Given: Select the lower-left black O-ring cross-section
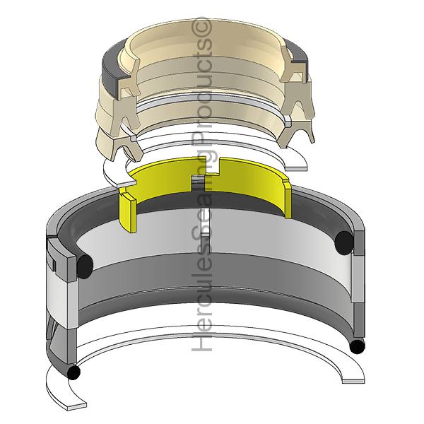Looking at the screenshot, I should (x=72, y=372).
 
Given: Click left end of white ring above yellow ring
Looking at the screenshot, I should (x=110, y=170).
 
